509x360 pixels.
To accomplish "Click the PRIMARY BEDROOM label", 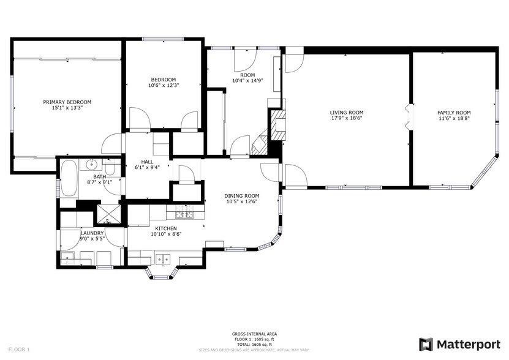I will click(67, 102).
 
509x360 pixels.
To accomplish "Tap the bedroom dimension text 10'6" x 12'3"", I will click(164, 85).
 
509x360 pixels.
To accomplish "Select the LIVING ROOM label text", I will click(347, 112).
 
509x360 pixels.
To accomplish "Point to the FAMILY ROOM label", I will click(453, 112).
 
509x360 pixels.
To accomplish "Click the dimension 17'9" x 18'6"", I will click(347, 118).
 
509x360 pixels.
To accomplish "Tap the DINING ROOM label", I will click(241, 195).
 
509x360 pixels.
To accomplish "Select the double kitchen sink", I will click(162, 259).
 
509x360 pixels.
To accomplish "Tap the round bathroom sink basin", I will click(92, 164).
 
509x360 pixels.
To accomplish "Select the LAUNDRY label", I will click(92, 233).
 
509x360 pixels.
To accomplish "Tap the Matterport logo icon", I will click(426, 344).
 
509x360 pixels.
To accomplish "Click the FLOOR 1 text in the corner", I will click(20, 349).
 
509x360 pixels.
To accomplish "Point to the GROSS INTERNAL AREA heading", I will click(254, 334).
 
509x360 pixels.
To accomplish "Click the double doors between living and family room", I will click(409, 116).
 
